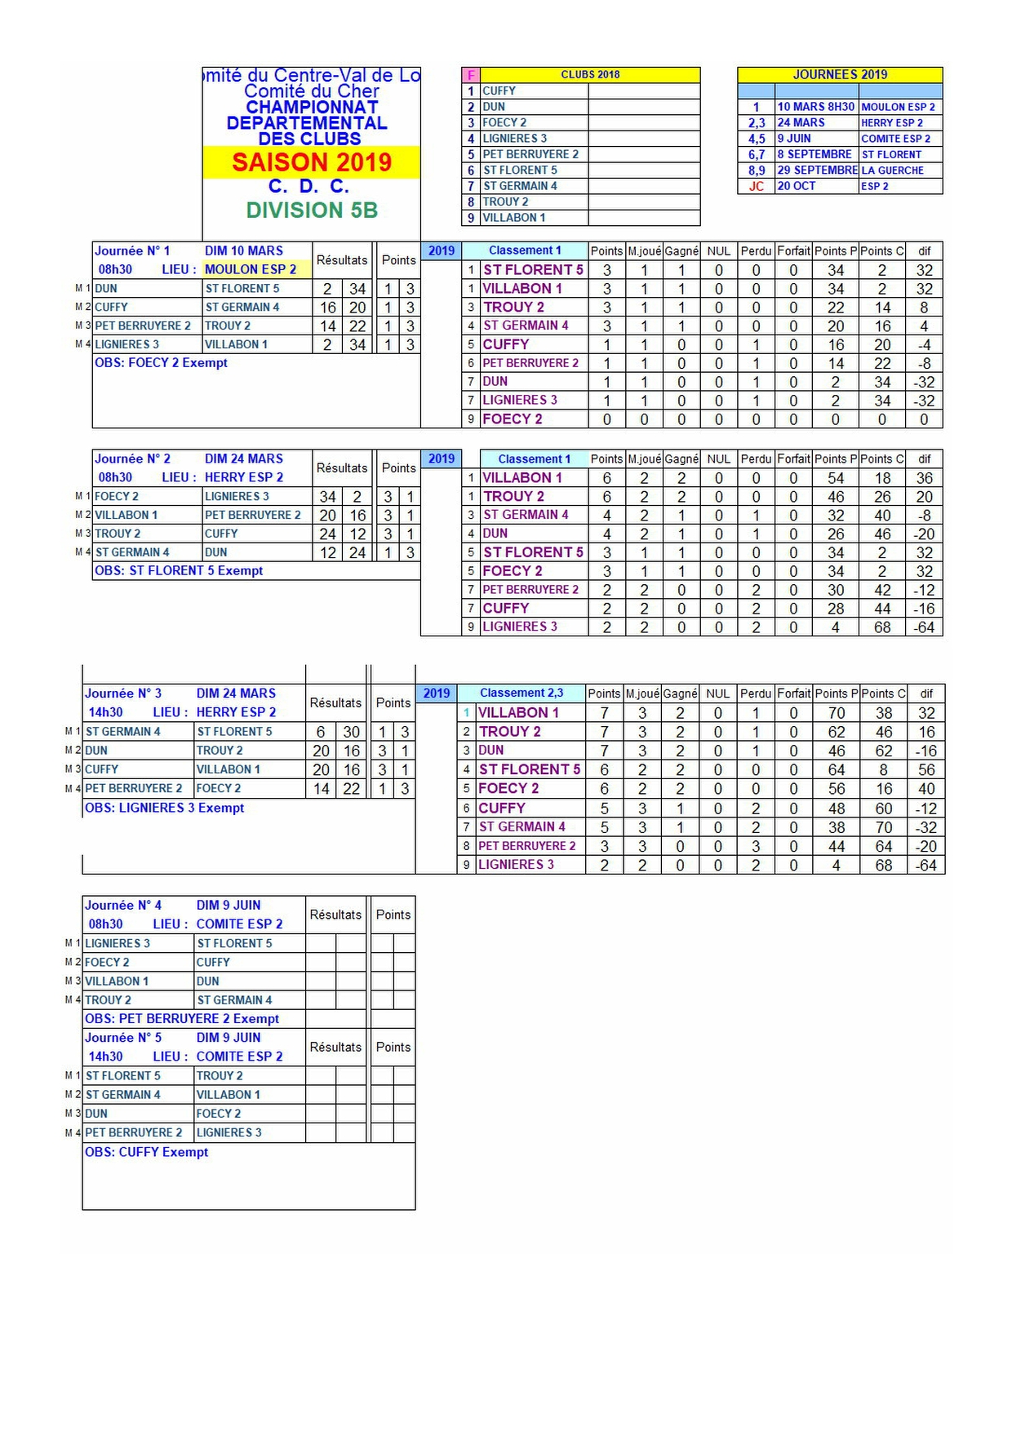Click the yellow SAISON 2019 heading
tap(312, 162)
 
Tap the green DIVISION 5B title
tap(312, 210)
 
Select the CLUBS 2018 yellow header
tap(589, 74)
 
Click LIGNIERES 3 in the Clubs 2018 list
tap(515, 139)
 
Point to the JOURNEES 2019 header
tap(840, 74)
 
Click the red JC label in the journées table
tap(757, 186)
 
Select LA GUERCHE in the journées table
tap(892, 171)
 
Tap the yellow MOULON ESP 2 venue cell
tap(251, 269)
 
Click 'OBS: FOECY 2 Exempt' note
tap(161, 362)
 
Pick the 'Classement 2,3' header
tap(521, 693)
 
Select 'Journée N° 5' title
tap(123, 1038)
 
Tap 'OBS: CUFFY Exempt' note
tap(147, 1152)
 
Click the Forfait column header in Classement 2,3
tap(793, 693)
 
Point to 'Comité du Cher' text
tap(312, 91)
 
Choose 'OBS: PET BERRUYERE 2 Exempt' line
tap(182, 1019)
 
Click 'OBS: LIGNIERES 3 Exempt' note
tap(165, 808)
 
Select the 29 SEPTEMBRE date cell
tap(817, 171)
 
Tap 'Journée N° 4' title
tap(123, 906)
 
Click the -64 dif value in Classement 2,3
tap(926, 865)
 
